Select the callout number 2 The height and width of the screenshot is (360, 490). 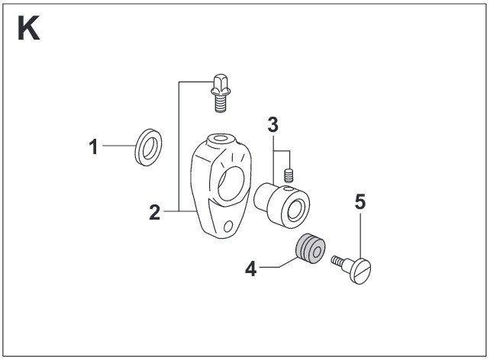155,211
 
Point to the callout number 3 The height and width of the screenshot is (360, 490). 272,123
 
